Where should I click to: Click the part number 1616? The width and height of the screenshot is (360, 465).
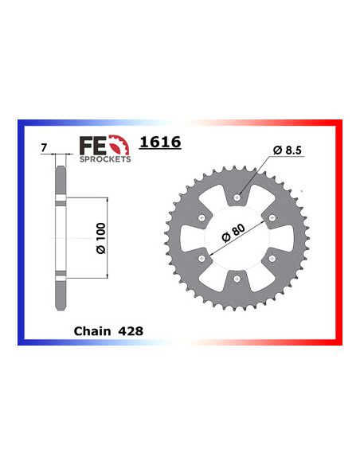coord(160,143)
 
